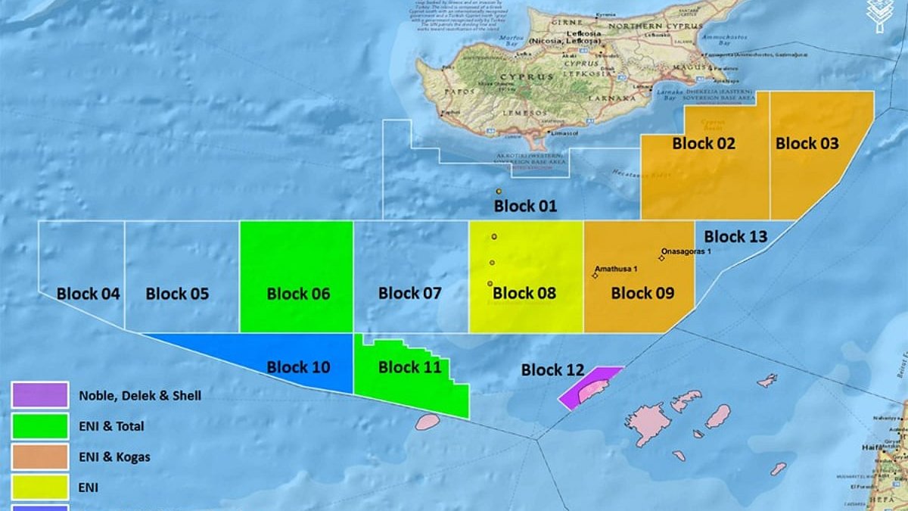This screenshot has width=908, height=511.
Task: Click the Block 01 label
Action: pos(525,206)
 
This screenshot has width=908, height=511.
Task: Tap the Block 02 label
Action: pos(704,143)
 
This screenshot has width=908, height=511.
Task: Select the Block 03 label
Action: pos(807,143)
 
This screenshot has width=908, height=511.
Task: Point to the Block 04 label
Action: pos(88,294)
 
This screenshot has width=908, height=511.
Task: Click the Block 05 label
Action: pos(177,294)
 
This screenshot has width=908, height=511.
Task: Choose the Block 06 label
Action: pos(298,294)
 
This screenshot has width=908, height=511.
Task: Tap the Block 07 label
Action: pos(409,293)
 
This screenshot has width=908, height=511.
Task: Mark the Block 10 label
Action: pos(298,368)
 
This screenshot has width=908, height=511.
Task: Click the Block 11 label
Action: pos(409,368)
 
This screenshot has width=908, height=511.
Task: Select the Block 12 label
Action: pos(552,370)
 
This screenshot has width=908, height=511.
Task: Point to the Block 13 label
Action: pos(735,237)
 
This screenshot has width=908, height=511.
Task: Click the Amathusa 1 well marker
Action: pos(595,276)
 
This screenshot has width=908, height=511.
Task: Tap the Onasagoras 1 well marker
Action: pos(661,258)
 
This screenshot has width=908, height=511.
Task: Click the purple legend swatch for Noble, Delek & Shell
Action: pos(40,394)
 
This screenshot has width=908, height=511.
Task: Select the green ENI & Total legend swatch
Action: pos(40,426)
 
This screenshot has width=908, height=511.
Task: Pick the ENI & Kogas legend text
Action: pos(113,457)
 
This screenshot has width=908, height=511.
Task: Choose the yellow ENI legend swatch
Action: pos(40,488)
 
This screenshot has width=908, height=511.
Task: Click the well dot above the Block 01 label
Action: pos(499,192)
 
